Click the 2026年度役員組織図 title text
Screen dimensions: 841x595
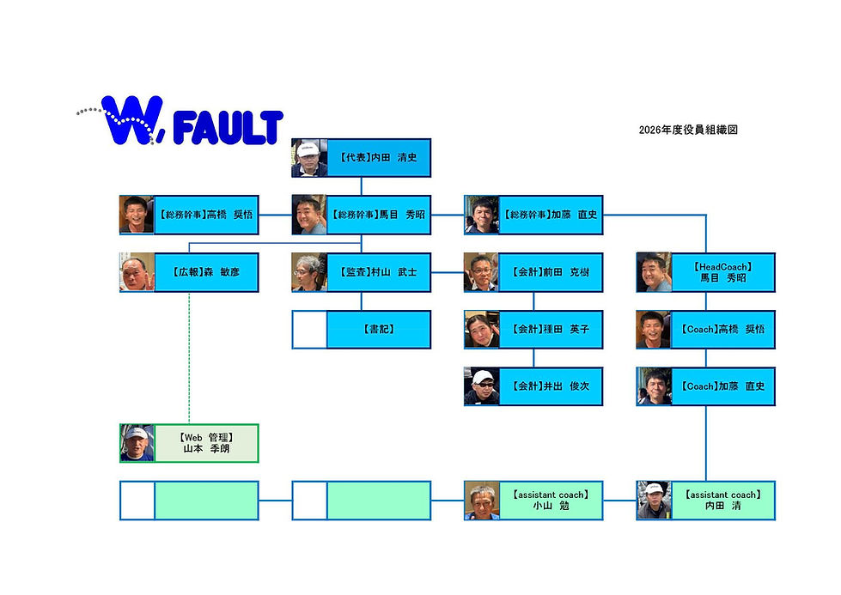point(688,130)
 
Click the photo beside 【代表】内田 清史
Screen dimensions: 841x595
point(309,158)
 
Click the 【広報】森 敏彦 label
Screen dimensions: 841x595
point(206,272)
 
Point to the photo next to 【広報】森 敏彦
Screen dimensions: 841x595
point(137,272)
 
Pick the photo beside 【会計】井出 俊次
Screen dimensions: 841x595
point(482,386)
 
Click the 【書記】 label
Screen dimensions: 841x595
point(379,329)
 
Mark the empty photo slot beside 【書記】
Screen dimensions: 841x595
point(309,329)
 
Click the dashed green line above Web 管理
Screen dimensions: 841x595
point(189,358)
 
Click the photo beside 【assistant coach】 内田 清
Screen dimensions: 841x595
point(654,500)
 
